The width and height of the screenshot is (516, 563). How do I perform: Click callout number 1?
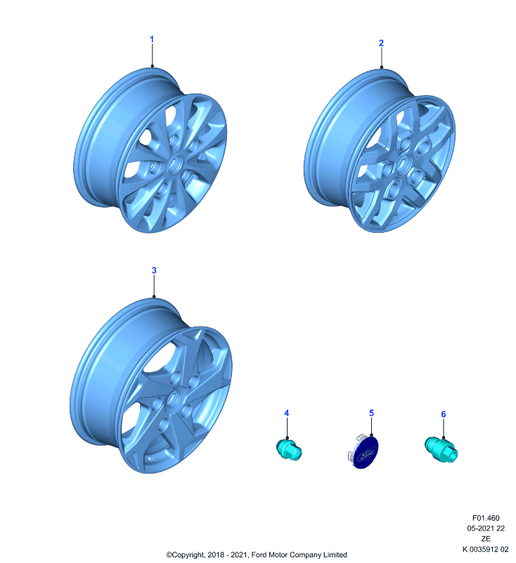coord(152,39)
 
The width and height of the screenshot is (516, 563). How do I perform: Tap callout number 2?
coord(381,43)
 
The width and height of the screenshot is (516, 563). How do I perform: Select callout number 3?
coord(154,270)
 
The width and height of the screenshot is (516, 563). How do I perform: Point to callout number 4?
coord(287,413)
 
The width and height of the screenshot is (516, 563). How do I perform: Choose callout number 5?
coord(371,413)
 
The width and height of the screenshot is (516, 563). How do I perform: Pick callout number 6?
coord(443,415)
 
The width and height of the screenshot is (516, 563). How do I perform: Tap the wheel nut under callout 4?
coord(289,450)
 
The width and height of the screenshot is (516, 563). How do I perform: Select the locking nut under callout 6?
coord(441,450)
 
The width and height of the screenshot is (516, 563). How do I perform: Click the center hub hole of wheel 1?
coord(175,165)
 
